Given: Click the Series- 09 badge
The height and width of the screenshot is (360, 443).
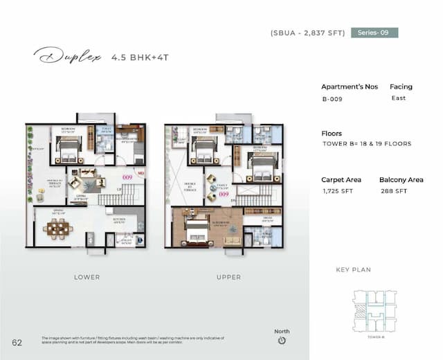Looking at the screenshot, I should click(x=374, y=33).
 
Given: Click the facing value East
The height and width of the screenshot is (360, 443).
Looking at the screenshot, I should click(x=398, y=98).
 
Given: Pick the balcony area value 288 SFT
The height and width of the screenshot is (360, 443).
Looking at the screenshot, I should click(x=392, y=190).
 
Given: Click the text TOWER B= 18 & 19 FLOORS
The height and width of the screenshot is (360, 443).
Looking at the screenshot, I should click(x=367, y=144).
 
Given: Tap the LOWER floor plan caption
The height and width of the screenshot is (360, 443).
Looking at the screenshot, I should click(x=87, y=277).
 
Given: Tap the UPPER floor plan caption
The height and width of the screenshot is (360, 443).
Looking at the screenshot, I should click(x=228, y=277).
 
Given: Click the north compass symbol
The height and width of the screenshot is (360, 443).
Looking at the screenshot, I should click(x=281, y=341).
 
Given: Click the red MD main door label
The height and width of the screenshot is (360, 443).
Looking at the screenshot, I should click(x=140, y=173).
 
